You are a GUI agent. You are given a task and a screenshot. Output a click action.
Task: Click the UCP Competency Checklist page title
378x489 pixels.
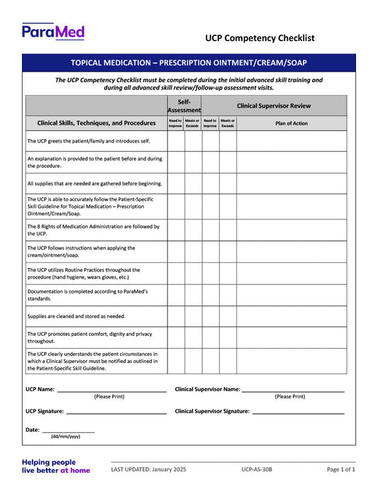pos(260,38)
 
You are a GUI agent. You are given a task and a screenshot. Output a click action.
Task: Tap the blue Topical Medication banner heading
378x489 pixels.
pos(189,63)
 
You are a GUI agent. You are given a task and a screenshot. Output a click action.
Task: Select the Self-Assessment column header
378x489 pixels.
pos(184,106)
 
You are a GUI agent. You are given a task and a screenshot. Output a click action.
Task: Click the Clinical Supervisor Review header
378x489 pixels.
pos(273,106)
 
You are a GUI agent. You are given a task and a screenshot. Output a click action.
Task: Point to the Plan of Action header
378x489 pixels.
pos(291,123)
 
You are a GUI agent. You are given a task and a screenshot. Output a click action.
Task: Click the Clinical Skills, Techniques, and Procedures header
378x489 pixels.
pos(96,123)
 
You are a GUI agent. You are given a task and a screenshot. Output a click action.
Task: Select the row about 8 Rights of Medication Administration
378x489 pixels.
pos(93,230)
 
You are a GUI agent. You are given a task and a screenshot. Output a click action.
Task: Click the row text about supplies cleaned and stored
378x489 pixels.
pos(76,316)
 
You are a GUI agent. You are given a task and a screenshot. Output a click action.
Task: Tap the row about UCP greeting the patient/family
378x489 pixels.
pos(88,141)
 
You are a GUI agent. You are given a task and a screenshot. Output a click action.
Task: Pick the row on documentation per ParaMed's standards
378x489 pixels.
pos(87,295)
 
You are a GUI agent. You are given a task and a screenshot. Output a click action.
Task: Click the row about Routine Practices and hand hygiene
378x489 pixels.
pos(84,273)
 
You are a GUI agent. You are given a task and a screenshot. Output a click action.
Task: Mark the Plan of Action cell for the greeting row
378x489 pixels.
pos(291,141)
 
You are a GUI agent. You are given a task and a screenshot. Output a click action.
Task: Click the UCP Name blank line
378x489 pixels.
pos(111,390)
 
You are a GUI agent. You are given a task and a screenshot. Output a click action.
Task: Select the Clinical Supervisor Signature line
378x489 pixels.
pos(298,412)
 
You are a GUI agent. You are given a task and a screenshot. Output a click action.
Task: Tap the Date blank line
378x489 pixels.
pos(68,430)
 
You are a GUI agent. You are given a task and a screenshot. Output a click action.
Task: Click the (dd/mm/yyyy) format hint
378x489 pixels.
pos(65,437)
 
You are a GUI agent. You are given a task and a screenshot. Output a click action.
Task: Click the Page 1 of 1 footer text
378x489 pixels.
pos(341,469)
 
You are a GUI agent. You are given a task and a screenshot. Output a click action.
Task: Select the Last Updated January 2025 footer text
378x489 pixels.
pos(148,469)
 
